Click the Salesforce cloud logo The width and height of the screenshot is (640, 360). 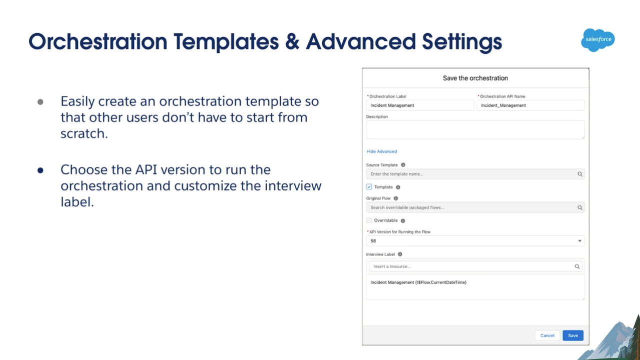[597, 40]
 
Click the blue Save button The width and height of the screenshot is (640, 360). [573, 335]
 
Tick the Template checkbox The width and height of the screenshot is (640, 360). [369, 187]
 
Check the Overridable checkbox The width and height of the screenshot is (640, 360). [369, 220]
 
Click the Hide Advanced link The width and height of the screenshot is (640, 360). [381, 151]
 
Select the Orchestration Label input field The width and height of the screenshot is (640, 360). [420, 105]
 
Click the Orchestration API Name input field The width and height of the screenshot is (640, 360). [530, 105]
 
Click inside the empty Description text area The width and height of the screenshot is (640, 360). [475, 129]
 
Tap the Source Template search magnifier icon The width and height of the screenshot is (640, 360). [579, 174]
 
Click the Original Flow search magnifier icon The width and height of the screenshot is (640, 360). [579, 207]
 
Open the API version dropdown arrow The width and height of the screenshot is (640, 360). [579, 241]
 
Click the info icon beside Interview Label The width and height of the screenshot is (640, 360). [400, 254]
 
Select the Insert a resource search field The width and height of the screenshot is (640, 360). [475, 266]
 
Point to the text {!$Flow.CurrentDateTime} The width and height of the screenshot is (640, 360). [441, 282]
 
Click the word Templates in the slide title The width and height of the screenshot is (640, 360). [226, 42]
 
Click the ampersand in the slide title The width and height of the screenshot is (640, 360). [292, 42]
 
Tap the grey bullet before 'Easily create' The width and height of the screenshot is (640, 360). [40, 102]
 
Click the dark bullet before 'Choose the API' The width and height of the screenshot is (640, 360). [40, 170]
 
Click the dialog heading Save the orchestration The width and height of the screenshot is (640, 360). [475, 78]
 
